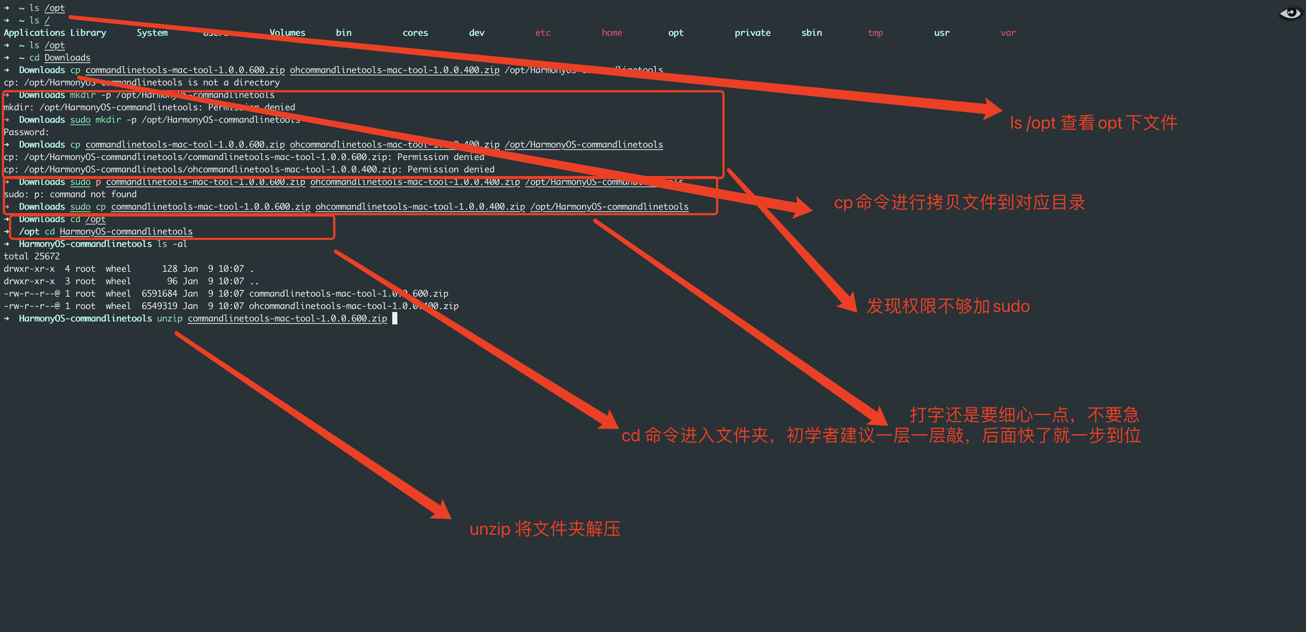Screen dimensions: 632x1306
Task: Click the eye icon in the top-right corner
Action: [x=1290, y=13]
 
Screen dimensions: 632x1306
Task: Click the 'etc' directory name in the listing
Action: [x=542, y=33]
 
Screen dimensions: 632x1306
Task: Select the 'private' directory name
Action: [x=752, y=33]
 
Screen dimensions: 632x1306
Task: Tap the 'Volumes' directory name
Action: [x=287, y=33]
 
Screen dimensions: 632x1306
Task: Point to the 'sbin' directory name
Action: [x=811, y=33]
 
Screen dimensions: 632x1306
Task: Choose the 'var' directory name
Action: [x=1008, y=33]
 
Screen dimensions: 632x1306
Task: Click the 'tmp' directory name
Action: [x=875, y=33]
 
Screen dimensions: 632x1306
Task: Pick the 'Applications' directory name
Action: [x=34, y=33]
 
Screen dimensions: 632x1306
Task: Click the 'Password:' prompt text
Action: [x=26, y=132]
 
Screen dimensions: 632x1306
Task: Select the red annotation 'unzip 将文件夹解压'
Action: [x=545, y=529]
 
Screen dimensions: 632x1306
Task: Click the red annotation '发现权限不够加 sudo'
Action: [x=948, y=307]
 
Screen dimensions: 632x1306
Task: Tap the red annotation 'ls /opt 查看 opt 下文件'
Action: [x=1093, y=123]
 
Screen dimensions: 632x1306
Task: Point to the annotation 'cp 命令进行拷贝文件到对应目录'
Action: [x=959, y=202]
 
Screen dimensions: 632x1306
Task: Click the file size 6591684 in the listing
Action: [x=159, y=294]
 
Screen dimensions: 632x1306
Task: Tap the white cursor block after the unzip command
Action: [x=395, y=319]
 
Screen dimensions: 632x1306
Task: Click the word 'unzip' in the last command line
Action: [x=169, y=319]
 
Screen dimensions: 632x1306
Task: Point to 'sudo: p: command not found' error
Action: [x=70, y=194]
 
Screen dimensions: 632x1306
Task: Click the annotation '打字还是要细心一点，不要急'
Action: [x=1024, y=415]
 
